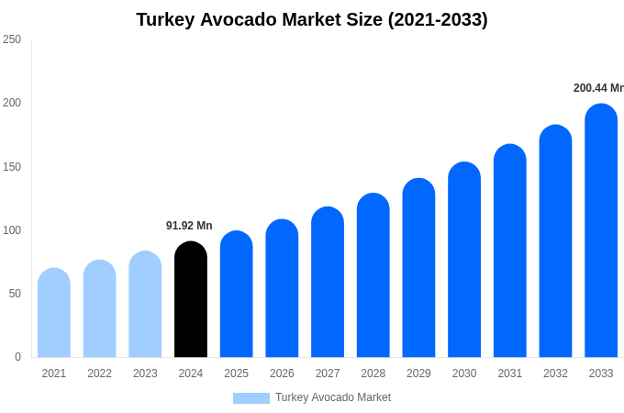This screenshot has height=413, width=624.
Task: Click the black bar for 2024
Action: [x=191, y=300]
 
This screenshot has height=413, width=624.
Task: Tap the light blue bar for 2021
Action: [x=54, y=313]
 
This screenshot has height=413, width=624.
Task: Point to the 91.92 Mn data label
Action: [x=189, y=226]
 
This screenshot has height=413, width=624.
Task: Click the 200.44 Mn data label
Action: [x=598, y=88]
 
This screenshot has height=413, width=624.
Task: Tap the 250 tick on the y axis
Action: [x=12, y=39]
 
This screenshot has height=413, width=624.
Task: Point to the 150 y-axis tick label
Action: [x=12, y=167]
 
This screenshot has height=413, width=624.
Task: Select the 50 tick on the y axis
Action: [x=15, y=294]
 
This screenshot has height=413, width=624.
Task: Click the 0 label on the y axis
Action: [x=17, y=357]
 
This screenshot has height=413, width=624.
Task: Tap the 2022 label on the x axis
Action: [x=99, y=374]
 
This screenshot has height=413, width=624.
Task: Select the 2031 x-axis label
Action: [x=510, y=374]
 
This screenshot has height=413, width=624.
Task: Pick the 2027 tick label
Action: [x=328, y=374]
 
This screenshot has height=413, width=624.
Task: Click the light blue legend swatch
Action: [x=251, y=398]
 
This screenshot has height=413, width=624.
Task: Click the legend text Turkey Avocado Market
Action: [x=333, y=397]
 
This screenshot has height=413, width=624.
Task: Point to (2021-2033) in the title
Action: [x=438, y=19]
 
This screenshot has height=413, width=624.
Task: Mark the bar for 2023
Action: [x=145, y=305]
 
